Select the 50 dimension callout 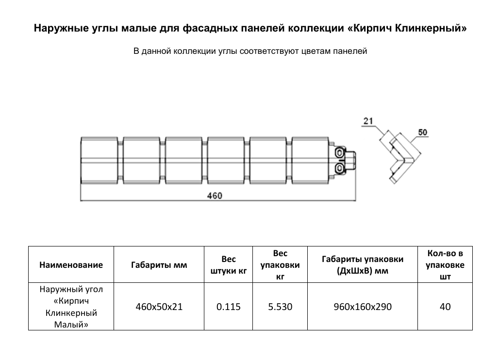pyautogui.click(x=422, y=132)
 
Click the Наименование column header pyautogui.click(x=71, y=265)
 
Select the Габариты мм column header pyautogui.click(x=159, y=265)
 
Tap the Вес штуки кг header pyautogui.click(x=228, y=265)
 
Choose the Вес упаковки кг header pyautogui.click(x=280, y=265)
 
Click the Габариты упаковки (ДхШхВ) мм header pyautogui.click(x=363, y=265)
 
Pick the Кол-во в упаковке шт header pyautogui.click(x=445, y=265)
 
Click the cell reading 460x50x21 pyautogui.click(x=159, y=307)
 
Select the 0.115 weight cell pyautogui.click(x=228, y=307)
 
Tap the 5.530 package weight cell pyautogui.click(x=280, y=307)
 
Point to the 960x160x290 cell pyautogui.click(x=363, y=307)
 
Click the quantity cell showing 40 pyautogui.click(x=445, y=307)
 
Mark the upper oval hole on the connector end pyautogui.click(x=339, y=153)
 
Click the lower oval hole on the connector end pyautogui.click(x=339, y=168)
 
